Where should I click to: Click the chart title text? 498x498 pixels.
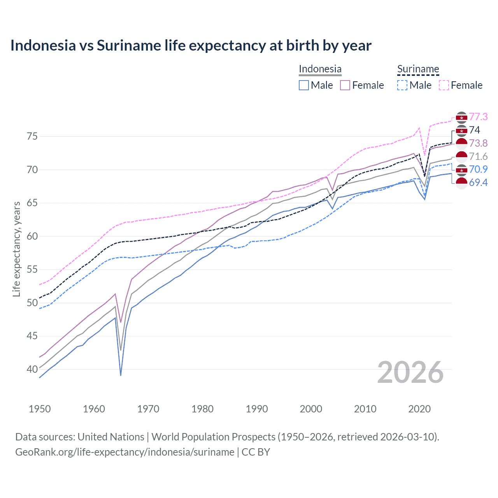pyautogui.click(x=191, y=46)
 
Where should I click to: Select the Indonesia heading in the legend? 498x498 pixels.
pyautogui.click(x=320, y=69)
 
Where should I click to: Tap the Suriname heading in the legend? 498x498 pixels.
pyautogui.click(x=418, y=69)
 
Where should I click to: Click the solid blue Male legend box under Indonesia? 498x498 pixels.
pyautogui.click(x=304, y=85)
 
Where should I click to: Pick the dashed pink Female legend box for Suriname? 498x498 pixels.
pyautogui.click(x=444, y=85)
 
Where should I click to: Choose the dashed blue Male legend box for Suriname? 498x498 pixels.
pyautogui.click(x=402, y=85)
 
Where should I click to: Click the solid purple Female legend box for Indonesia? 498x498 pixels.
pyautogui.click(x=345, y=85)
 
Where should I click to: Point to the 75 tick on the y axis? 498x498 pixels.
pyautogui.click(x=32, y=137)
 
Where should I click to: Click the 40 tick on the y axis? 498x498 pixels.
pyautogui.click(x=32, y=369)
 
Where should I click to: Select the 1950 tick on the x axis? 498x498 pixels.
pyautogui.click(x=40, y=409)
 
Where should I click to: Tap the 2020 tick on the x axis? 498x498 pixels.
pyautogui.click(x=419, y=409)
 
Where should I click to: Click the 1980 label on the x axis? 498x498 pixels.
pyautogui.click(x=202, y=409)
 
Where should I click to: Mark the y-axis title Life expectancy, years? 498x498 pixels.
pyautogui.click(x=16, y=249)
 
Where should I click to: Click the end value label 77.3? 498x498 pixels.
pyautogui.click(x=478, y=117)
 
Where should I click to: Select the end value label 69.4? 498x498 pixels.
pyautogui.click(x=478, y=182)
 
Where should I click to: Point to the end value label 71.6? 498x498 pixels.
pyautogui.click(x=478, y=156)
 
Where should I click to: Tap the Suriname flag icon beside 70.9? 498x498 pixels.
pyautogui.click(x=461, y=170)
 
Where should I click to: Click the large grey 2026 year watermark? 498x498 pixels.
pyautogui.click(x=410, y=373)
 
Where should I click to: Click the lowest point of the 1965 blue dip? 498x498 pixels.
pyautogui.click(x=121, y=375)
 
